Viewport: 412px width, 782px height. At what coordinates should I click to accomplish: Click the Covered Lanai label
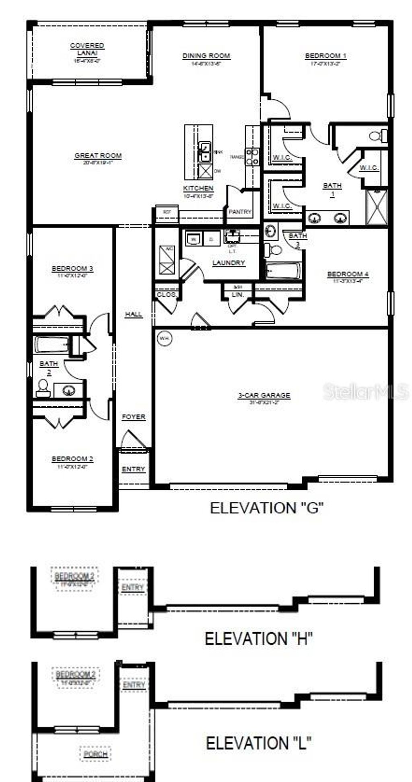(87, 49)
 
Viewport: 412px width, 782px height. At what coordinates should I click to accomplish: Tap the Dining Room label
(206, 56)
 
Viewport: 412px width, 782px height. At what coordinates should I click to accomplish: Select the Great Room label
(98, 156)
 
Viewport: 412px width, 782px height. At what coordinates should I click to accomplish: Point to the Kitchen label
(198, 188)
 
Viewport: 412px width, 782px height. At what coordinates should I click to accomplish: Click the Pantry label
(240, 212)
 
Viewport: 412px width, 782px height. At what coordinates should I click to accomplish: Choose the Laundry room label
(229, 263)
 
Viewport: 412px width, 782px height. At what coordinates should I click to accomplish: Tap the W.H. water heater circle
(164, 338)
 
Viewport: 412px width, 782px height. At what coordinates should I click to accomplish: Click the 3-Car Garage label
(264, 395)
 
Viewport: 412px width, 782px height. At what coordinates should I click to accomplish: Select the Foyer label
(134, 417)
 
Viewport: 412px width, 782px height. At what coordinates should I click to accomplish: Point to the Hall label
(134, 314)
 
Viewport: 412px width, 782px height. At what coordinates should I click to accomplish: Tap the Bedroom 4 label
(348, 274)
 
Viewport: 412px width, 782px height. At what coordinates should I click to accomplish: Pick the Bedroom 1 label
(325, 56)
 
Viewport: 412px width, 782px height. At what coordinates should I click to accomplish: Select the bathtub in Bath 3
(284, 271)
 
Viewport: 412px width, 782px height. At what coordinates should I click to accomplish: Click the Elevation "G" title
(267, 508)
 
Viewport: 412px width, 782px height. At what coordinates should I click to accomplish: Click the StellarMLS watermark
(365, 391)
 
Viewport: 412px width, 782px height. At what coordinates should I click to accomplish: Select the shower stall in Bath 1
(377, 207)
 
